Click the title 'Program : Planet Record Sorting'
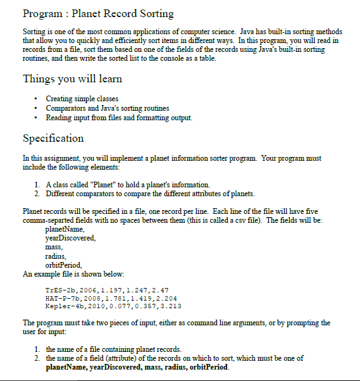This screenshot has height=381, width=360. click(98, 13)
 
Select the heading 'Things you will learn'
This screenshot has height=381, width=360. click(72, 79)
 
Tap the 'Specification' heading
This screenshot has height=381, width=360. click(53, 138)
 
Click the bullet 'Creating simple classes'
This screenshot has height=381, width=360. click(82, 99)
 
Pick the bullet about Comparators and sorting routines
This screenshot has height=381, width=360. click(108, 108)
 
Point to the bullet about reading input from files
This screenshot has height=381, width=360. click(119, 118)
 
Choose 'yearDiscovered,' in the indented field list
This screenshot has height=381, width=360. click(71, 238)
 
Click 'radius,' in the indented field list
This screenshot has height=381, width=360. click(56, 256)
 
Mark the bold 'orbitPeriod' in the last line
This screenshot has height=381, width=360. click(208, 367)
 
